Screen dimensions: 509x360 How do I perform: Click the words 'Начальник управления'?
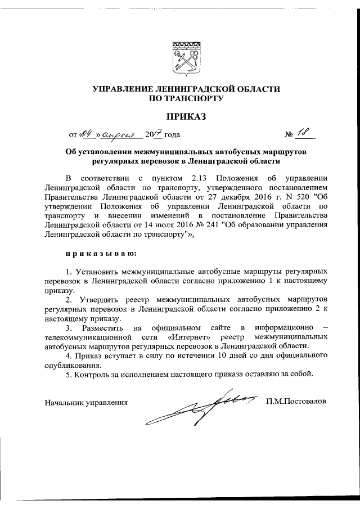[85, 402]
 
